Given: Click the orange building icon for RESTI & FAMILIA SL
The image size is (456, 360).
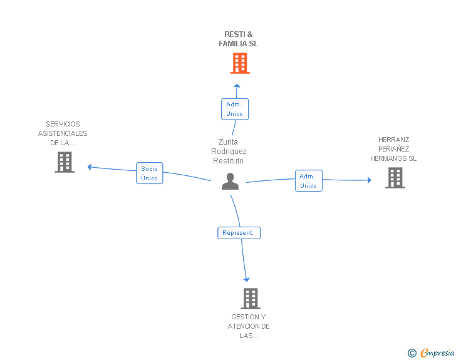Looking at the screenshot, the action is (x=240, y=63).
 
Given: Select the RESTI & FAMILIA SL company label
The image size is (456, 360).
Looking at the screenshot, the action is (x=238, y=39).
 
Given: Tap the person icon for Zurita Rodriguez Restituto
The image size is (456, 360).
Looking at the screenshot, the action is (x=230, y=182).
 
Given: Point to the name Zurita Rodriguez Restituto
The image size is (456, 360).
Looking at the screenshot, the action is (x=229, y=152).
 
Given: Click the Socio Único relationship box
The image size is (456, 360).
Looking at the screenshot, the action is (x=150, y=173).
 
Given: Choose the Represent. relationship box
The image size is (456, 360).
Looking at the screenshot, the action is (x=239, y=233).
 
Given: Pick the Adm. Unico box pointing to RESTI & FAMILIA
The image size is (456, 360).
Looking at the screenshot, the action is (x=235, y=109).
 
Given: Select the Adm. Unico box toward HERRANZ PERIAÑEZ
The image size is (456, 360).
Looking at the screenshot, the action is (x=309, y=181).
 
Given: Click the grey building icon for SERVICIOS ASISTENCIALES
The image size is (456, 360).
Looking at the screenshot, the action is (x=65, y=162).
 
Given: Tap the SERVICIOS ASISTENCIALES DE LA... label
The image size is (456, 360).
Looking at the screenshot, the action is (x=63, y=133).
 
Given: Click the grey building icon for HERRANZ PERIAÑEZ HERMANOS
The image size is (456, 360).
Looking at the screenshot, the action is (x=395, y=178).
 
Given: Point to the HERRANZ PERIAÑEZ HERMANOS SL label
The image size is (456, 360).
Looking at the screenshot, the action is (x=393, y=149).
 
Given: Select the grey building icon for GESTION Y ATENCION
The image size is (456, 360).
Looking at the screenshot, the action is (x=251, y=299).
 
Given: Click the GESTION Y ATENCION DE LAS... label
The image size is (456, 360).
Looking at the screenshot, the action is (x=249, y=326).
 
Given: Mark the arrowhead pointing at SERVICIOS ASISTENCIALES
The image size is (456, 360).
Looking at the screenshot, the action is (x=90, y=167).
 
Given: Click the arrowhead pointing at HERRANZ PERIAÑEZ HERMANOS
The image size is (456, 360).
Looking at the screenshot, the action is (x=370, y=180).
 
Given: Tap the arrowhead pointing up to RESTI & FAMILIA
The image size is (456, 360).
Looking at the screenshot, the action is (x=237, y=86).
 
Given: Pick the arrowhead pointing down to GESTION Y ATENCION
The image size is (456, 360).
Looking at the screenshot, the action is (x=246, y=280).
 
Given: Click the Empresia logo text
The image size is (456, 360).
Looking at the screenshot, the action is (x=437, y=353).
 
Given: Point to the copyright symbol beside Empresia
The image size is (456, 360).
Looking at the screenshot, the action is (x=412, y=353).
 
